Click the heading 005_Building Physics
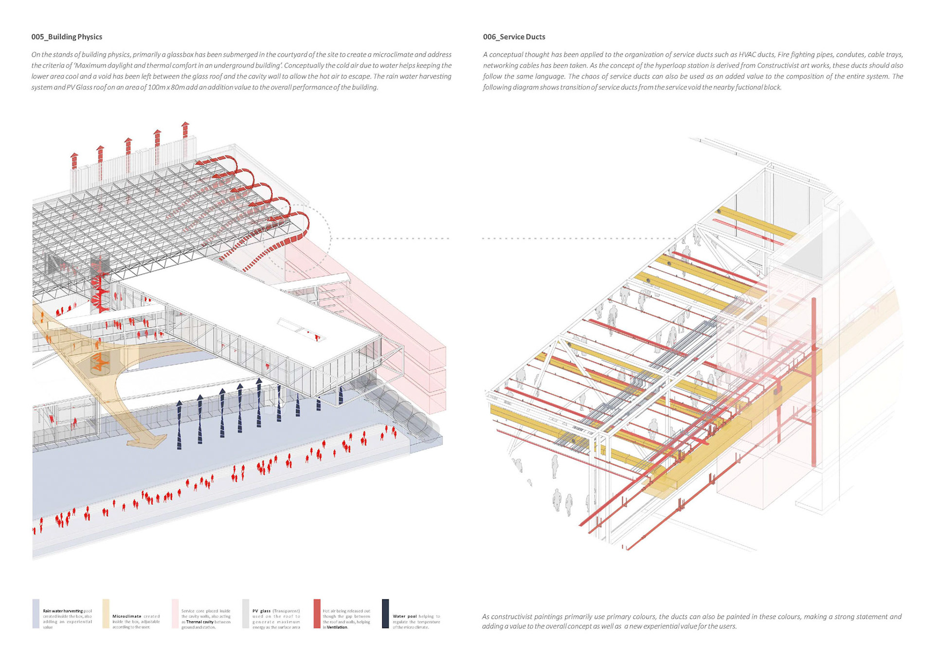[x=67, y=37]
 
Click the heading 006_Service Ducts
[x=514, y=37]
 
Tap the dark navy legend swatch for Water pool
[x=385, y=613]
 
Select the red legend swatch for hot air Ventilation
[x=317, y=613]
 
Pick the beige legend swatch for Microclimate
[x=106, y=613]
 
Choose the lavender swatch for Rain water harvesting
[x=36, y=613]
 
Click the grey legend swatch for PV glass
[x=246, y=613]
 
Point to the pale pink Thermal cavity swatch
[x=175, y=613]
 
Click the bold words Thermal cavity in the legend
[x=200, y=622]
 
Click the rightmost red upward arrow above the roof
[x=185, y=130]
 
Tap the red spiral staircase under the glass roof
[x=101, y=287]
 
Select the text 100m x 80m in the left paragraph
[x=166, y=87]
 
